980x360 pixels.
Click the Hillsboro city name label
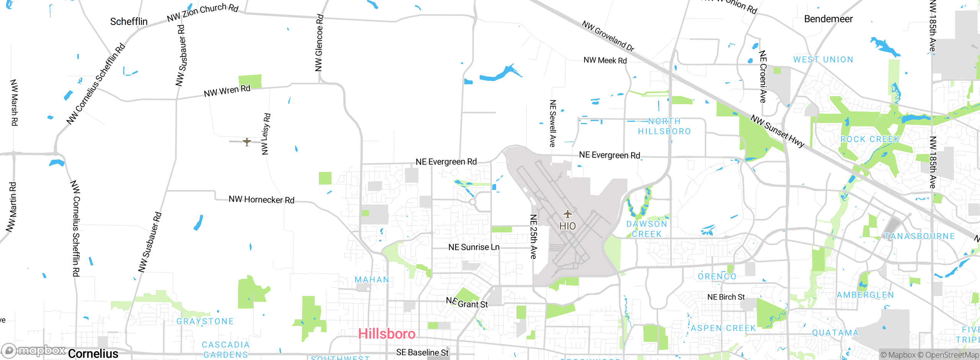pyautogui.click(x=387, y=334)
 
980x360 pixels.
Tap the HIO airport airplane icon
pyautogui.click(x=567, y=214)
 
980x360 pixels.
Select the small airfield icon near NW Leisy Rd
pyautogui.click(x=247, y=142)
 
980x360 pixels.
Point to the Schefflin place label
pyautogui.click(x=129, y=21)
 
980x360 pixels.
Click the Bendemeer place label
pyautogui.click(x=828, y=19)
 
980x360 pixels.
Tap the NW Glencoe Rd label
pyautogui.click(x=319, y=43)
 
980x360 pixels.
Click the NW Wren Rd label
pyautogui.click(x=227, y=91)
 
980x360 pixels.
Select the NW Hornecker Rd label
pyautogui.click(x=261, y=200)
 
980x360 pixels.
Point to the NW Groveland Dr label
pyautogui.click(x=608, y=36)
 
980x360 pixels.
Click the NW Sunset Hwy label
pyautogui.click(x=777, y=131)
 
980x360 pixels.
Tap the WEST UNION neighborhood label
pyautogui.click(x=823, y=60)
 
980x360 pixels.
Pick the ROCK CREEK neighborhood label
pyautogui.click(x=870, y=139)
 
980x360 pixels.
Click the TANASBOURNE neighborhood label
pyautogui.click(x=920, y=236)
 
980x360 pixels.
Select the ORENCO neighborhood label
pyautogui.click(x=717, y=277)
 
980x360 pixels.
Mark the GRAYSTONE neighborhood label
pyautogui.click(x=205, y=321)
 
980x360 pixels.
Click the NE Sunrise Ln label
pyautogui.click(x=474, y=247)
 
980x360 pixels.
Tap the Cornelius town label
pyautogui.click(x=93, y=353)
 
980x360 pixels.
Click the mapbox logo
pyautogui.click(x=34, y=350)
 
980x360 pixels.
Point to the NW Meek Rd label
pyautogui.click(x=605, y=61)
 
